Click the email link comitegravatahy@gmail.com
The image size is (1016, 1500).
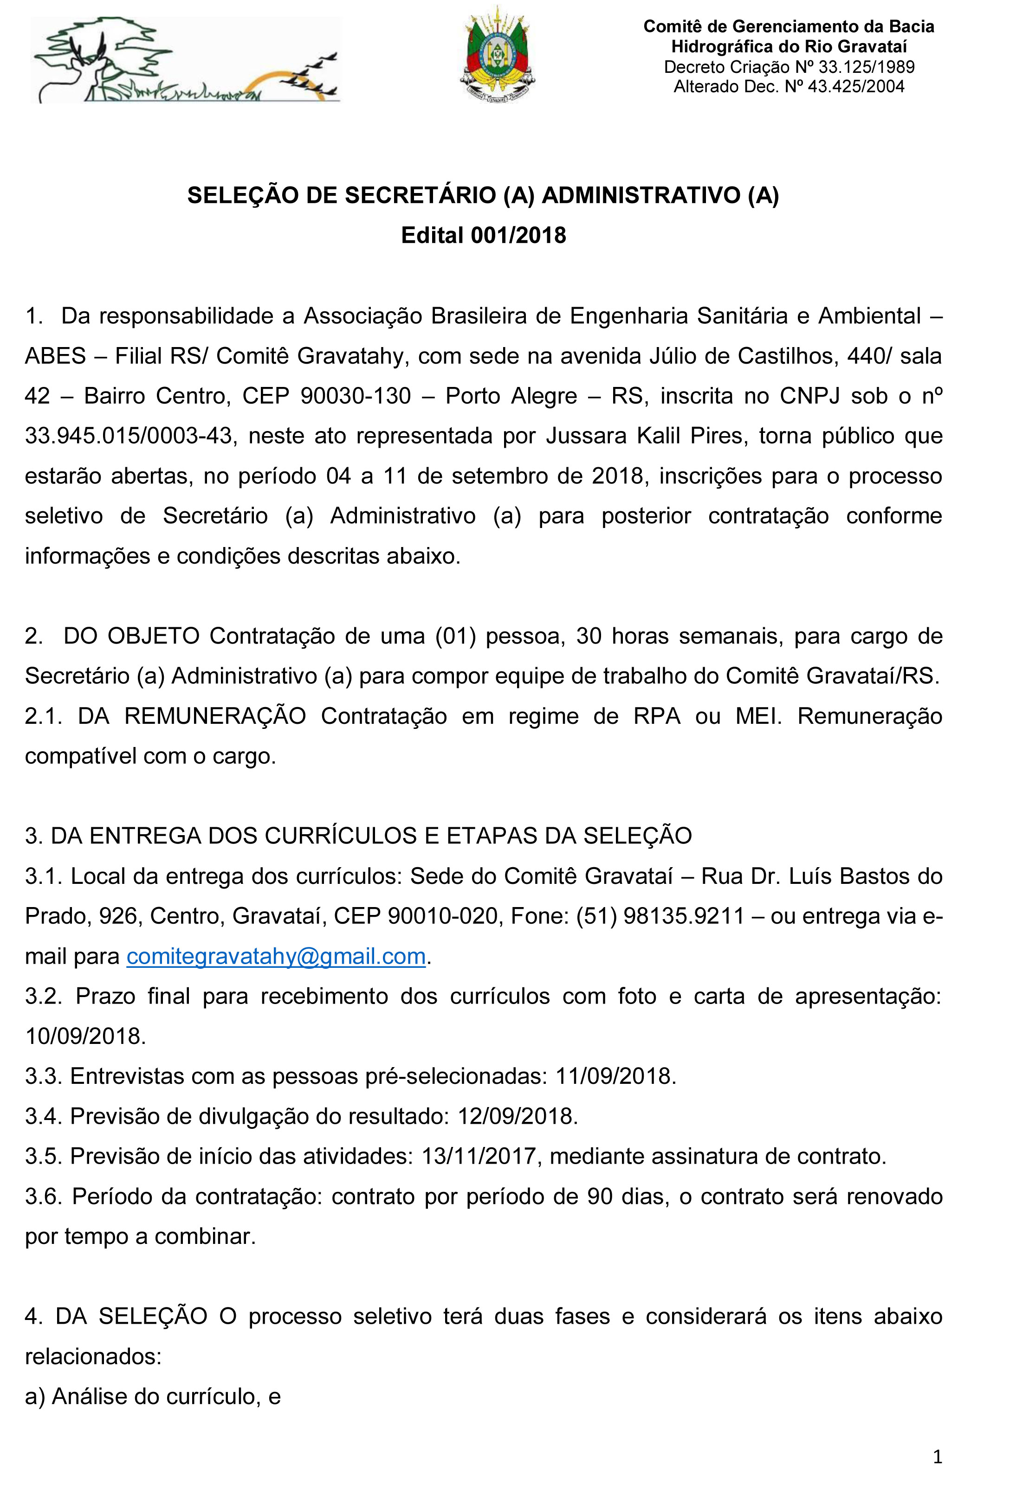(x=276, y=956)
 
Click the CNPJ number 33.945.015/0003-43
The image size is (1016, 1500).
(x=128, y=436)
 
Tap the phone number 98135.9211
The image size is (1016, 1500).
(x=684, y=916)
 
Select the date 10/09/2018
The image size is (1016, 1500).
(x=85, y=1036)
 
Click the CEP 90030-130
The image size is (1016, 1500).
(x=356, y=396)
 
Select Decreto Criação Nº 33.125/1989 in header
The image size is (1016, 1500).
(x=789, y=66)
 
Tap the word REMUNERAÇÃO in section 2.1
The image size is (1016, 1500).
(x=215, y=716)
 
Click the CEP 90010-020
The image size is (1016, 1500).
(x=443, y=916)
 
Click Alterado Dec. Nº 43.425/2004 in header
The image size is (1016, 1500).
(x=789, y=86)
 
